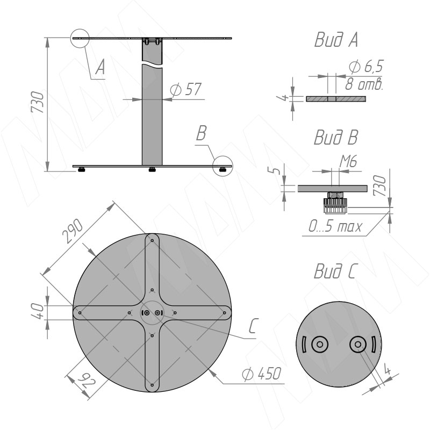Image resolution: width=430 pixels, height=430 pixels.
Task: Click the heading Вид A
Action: pos(336,40)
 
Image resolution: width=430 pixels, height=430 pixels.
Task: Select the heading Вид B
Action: pos(336,137)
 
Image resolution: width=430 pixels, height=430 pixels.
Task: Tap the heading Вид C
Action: pos(335,271)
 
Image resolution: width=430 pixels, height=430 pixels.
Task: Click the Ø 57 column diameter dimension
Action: pos(185,89)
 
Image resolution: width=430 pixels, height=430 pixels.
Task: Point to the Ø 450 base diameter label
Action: pos(262,374)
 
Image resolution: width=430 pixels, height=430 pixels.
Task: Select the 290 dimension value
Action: pos(72,231)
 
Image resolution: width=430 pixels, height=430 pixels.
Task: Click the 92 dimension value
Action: pos(87,381)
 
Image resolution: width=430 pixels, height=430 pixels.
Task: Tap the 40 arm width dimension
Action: pos(38,312)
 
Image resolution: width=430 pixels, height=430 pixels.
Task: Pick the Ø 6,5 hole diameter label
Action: pos(366,67)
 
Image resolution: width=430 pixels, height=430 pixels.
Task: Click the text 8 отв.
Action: pos(364,84)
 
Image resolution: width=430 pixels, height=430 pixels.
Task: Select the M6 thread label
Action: pos(348,161)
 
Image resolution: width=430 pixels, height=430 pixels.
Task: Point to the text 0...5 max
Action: pos(335,226)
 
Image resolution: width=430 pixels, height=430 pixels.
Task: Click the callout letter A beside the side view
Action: pos(100,67)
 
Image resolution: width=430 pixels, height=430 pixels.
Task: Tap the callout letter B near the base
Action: pos(201,133)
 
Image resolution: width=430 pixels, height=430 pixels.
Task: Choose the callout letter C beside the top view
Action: pos(253,326)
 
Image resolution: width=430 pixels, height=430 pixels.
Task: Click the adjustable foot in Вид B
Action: pos(335,203)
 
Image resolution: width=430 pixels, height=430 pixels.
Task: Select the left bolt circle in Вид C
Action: pos(320,344)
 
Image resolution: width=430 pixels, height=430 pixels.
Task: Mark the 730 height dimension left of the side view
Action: pos(37,102)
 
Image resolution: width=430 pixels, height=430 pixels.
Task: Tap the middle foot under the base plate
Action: pos(152,169)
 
